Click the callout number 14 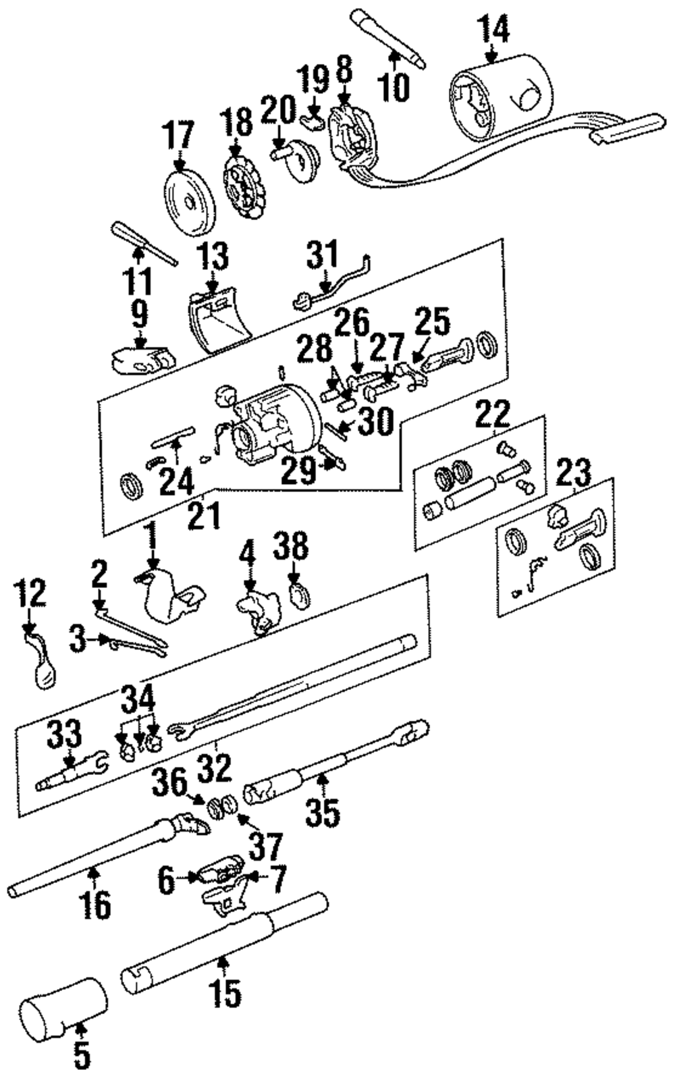(493, 28)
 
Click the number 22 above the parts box (494, 414)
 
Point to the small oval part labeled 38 (297, 595)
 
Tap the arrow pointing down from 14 (492, 54)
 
